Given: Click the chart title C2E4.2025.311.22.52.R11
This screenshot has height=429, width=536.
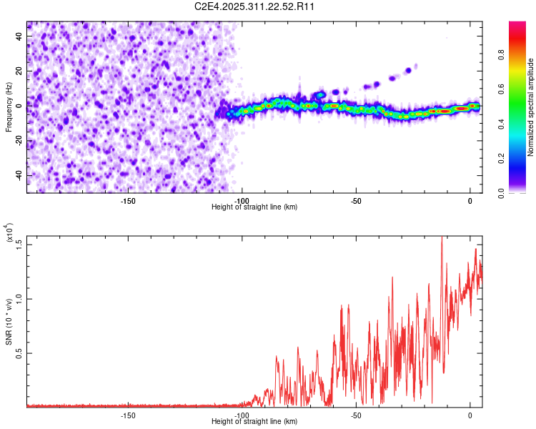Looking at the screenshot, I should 255,6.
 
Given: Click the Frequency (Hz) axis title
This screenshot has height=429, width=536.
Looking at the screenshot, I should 9,107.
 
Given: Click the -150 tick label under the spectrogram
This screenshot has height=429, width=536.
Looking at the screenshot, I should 128,200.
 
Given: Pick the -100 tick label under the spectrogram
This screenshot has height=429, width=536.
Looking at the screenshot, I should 242,200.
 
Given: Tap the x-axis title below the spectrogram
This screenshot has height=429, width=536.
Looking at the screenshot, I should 254,207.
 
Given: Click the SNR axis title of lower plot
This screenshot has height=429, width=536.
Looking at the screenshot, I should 9,322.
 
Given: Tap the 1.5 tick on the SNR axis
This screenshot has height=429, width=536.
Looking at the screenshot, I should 19,245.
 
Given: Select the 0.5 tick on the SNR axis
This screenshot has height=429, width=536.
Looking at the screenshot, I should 19,353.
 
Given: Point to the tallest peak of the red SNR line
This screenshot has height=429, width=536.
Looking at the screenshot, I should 442,236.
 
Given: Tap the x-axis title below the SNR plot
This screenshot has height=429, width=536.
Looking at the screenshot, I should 254,423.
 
